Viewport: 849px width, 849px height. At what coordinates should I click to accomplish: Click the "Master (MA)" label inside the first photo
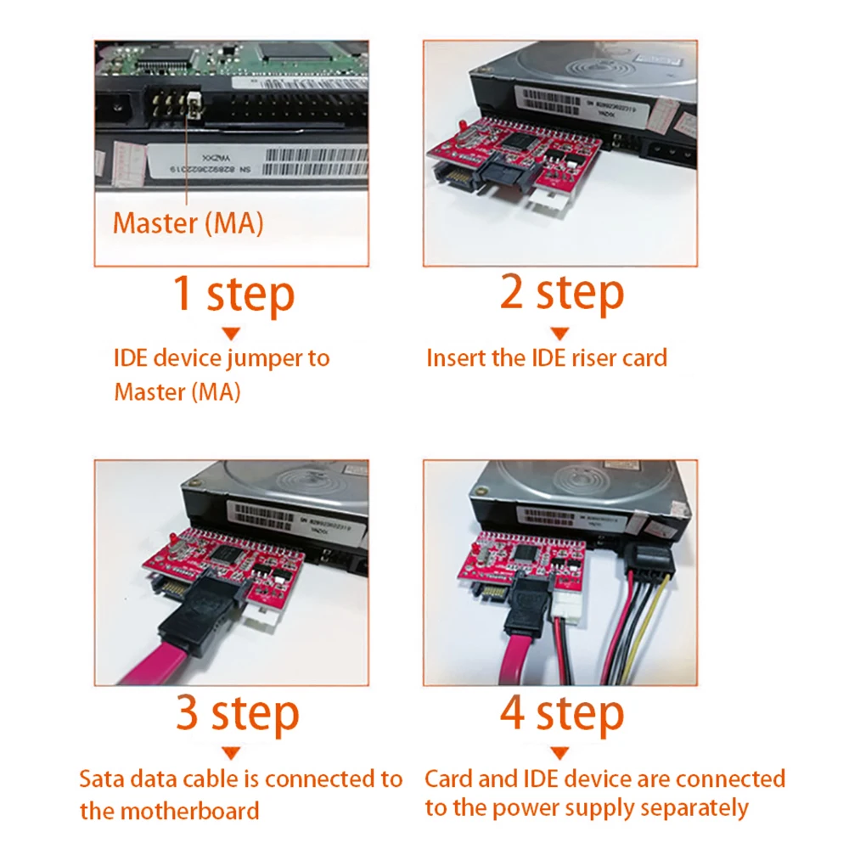(188, 223)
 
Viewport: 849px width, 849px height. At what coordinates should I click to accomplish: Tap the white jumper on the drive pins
(194, 104)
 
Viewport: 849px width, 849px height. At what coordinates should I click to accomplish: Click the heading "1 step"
(233, 295)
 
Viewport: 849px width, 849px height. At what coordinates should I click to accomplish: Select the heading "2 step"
(562, 295)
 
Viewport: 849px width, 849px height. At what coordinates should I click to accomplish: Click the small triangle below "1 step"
(231, 334)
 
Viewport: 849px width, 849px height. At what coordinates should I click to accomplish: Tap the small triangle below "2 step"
(561, 334)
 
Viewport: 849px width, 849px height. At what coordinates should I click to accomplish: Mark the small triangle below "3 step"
(231, 753)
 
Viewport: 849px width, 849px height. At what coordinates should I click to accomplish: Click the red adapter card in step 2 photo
(518, 149)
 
